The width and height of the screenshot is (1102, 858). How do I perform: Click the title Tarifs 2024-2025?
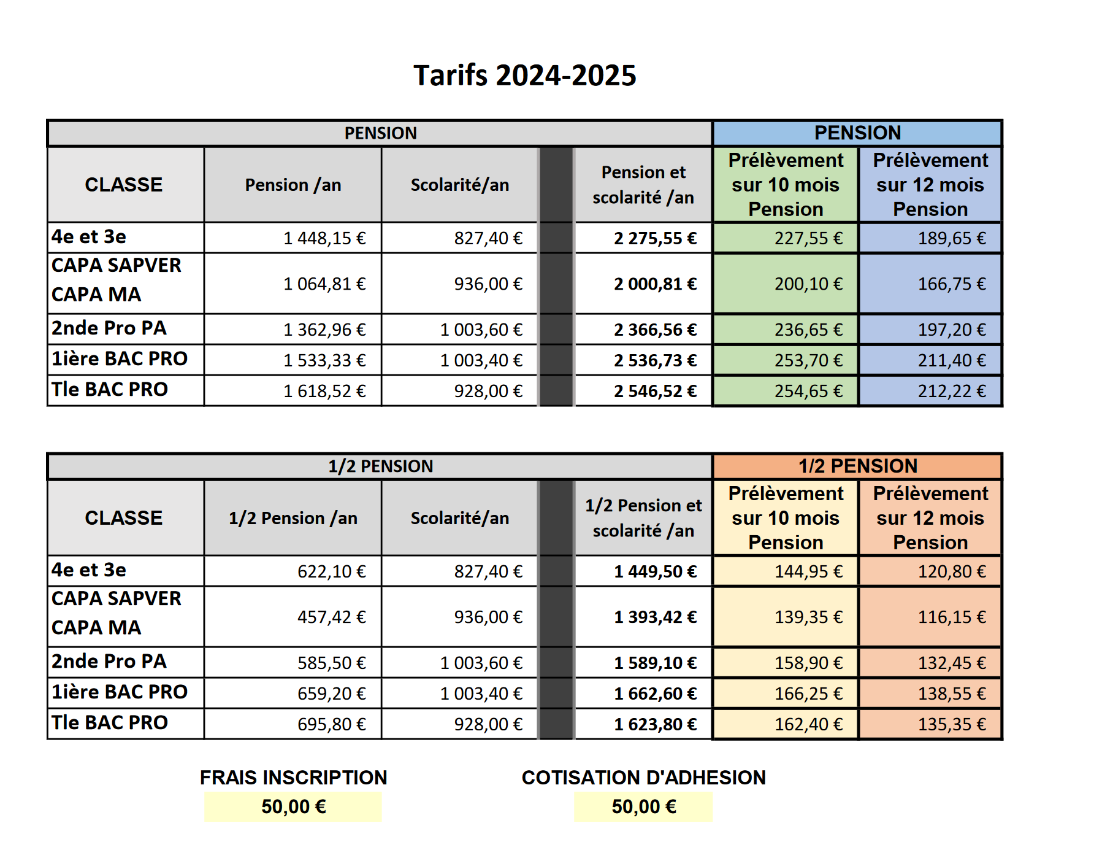(525, 75)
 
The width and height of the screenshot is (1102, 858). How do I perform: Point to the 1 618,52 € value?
(324, 392)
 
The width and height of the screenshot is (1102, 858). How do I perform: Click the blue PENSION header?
(857, 133)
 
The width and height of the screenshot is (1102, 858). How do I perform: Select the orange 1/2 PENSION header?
(857, 466)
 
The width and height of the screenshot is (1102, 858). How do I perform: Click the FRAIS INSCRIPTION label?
(293, 778)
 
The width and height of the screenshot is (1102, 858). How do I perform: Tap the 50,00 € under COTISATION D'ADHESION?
(644, 806)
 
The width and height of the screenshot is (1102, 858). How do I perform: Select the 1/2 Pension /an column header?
(293, 518)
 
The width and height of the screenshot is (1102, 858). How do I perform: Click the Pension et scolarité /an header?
(643, 185)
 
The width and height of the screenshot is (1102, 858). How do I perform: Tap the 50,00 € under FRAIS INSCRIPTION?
(293, 806)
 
